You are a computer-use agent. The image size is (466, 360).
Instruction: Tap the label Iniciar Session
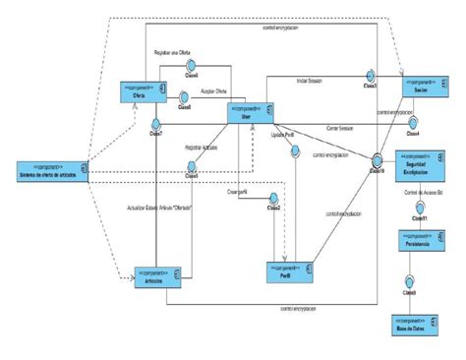315,80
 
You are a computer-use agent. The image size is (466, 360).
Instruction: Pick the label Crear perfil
237,192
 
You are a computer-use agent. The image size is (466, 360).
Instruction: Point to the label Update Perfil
282,136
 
